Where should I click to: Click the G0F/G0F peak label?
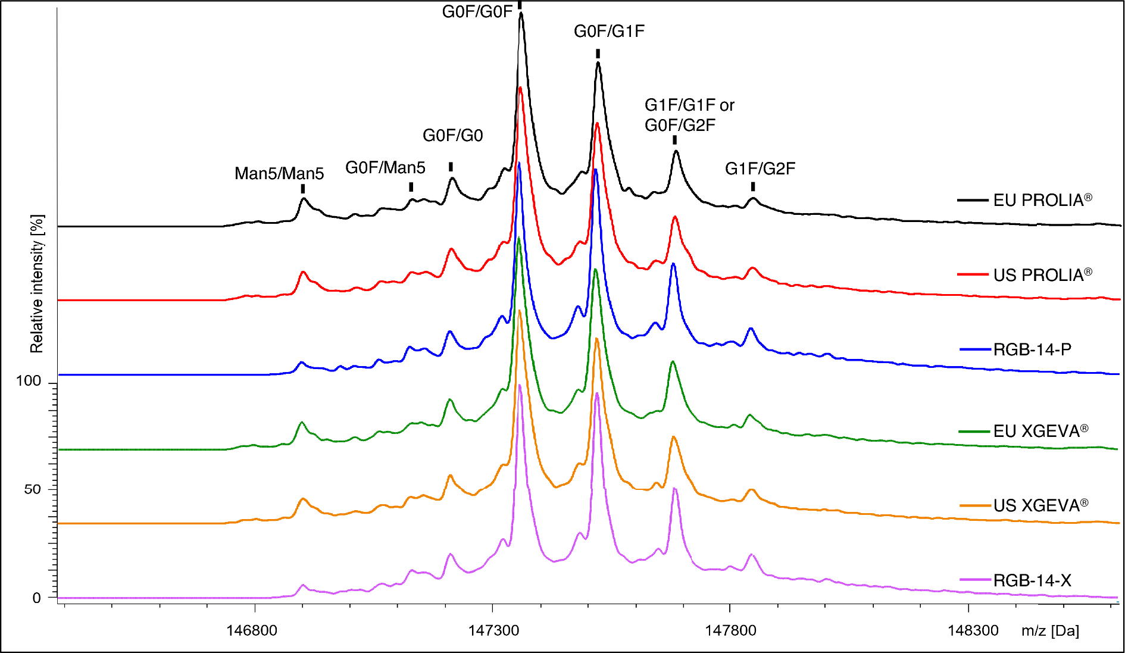(x=477, y=12)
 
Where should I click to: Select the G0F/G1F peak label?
(x=609, y=32)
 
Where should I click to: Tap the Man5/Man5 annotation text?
(x=279, y=174)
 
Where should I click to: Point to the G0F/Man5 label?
(x=385, y=168)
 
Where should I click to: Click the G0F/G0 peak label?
(x=452, y=136)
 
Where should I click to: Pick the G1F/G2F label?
(x=760, y=169)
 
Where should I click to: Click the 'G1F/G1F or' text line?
(x=689, y=105)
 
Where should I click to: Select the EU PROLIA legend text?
(x=1042, y=200)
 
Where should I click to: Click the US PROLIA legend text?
(x=1042, y=275)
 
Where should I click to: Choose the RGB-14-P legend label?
(x=1032, y=349)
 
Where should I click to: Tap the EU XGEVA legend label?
(x=1040, y=431)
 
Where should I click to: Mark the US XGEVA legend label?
(x=1040, y=505)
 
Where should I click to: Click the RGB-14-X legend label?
(x=1032, y=580)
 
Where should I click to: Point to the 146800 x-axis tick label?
(x=252, y=630)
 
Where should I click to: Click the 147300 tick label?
(x=493, y=630)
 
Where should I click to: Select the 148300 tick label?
(x=973, y=630)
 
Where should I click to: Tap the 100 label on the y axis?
(x=29, y=381)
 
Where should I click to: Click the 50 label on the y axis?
(x=33, y=489)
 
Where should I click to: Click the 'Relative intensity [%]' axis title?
(x=37, y=284)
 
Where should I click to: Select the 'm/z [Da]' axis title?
(x=1050, y=631)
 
